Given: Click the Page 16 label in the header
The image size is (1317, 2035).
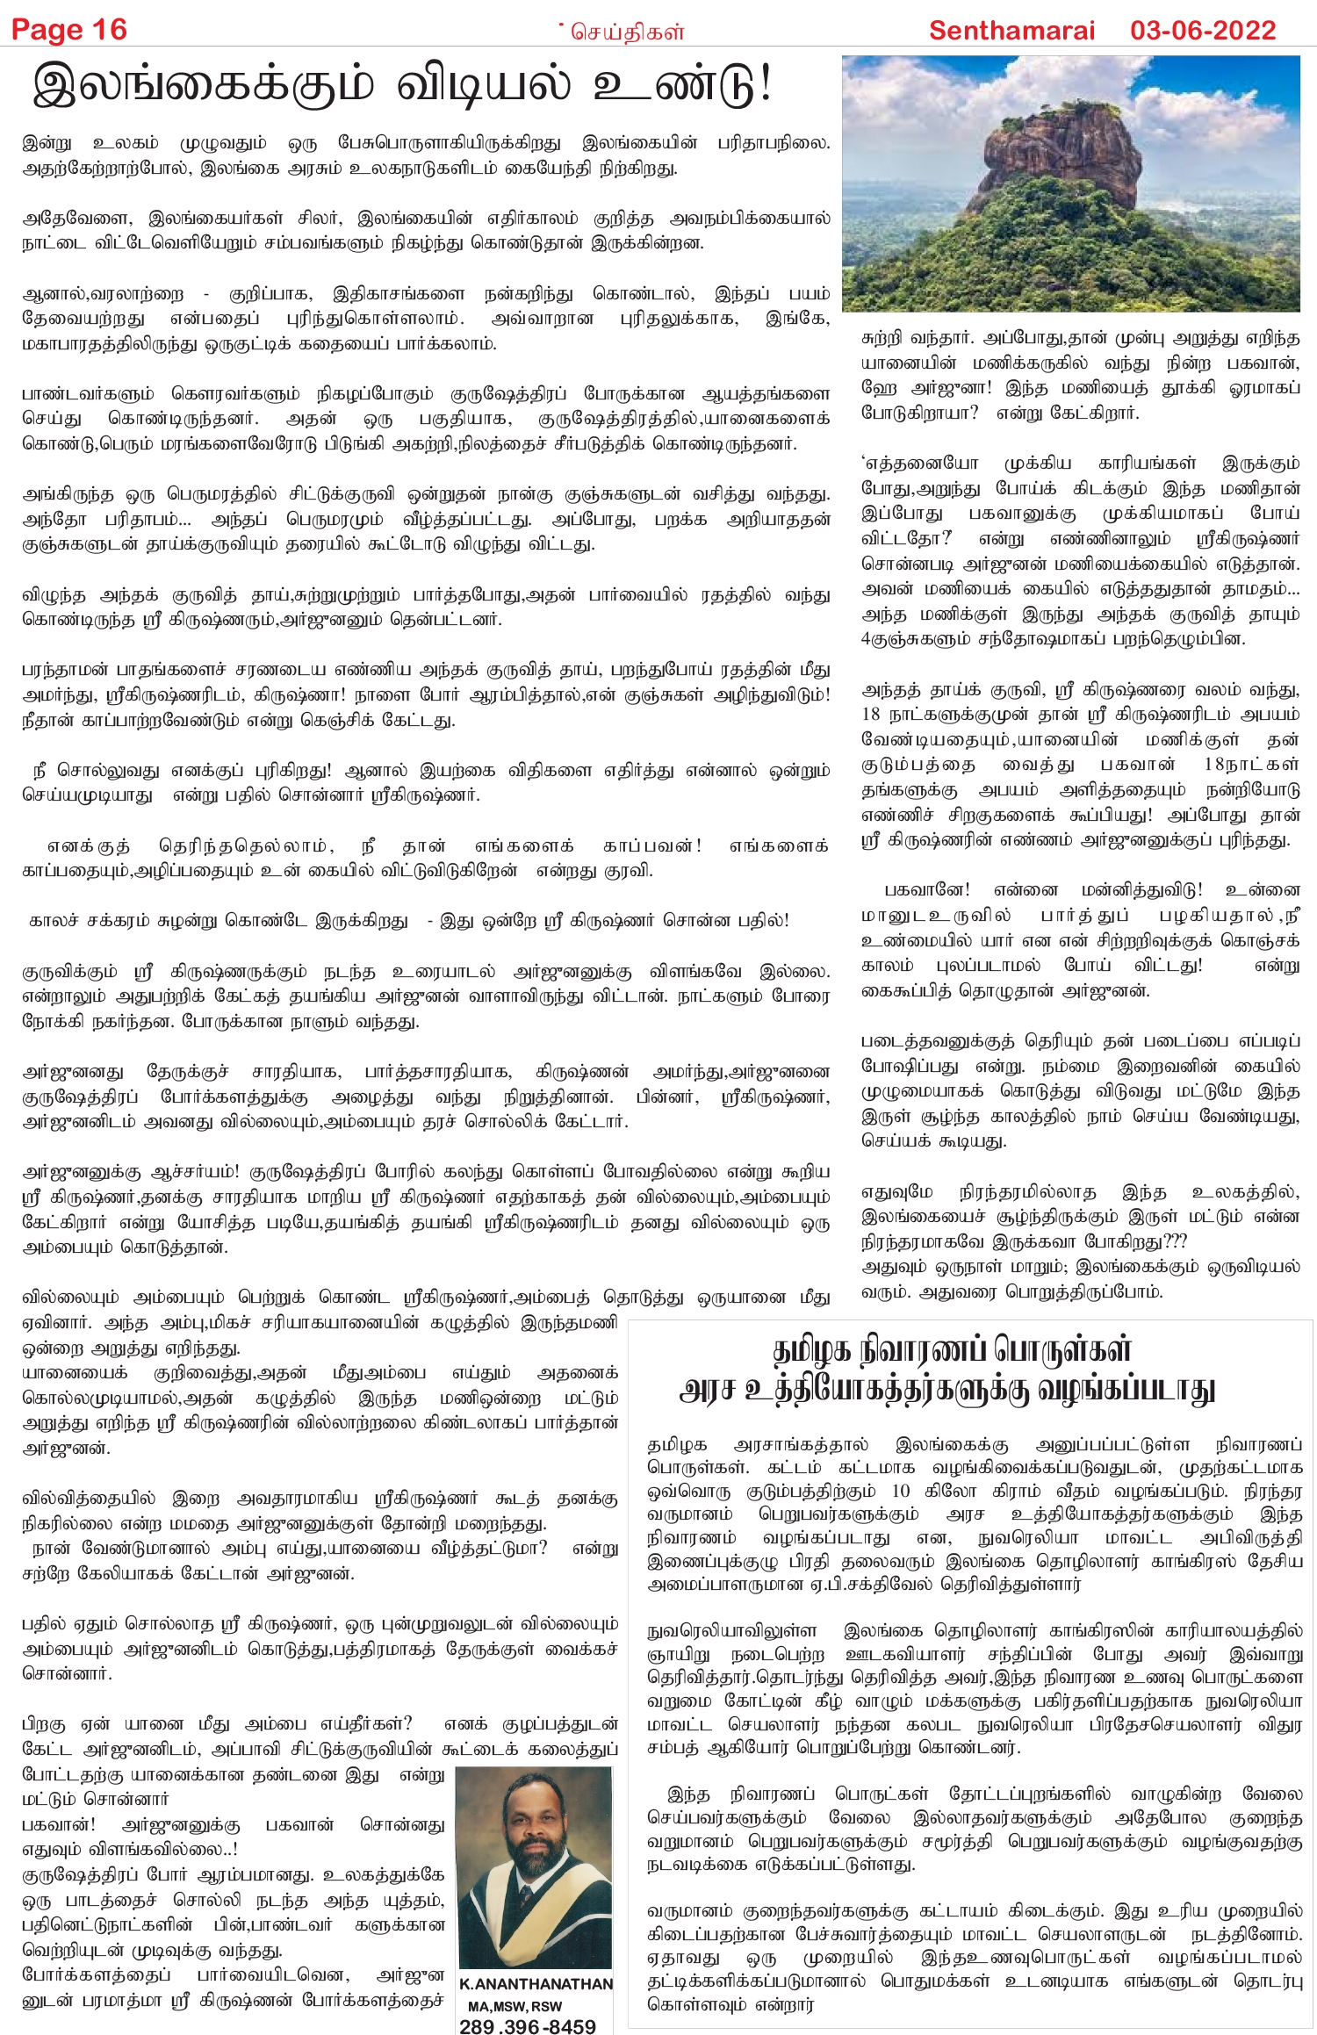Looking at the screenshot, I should (68, 31).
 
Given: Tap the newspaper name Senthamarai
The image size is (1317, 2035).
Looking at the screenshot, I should (1011, 31).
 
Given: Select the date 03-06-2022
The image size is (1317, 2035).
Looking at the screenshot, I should (1202, 31).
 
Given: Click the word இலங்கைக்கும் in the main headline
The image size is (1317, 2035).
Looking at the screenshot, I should (202, 86).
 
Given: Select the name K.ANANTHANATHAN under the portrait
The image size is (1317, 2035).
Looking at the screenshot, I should (536, 1984).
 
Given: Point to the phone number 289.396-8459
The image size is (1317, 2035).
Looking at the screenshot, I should (527, 2025).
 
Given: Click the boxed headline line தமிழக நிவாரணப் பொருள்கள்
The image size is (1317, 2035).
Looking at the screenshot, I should (952, 1349).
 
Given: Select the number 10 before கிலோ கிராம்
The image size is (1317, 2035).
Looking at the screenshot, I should (901, 1491).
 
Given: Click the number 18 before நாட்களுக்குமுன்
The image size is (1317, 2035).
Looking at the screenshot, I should (871, 714).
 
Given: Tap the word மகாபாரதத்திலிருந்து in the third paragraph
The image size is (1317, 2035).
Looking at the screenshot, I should (110, 343).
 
